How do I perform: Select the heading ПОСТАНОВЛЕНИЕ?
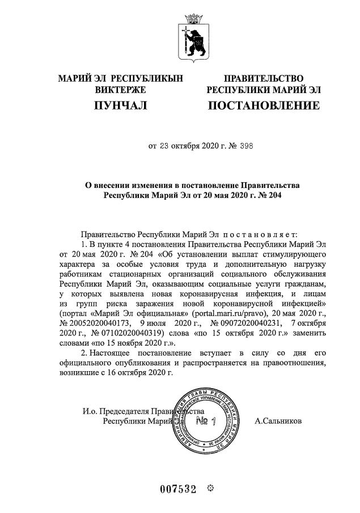pyautogui.click(x=264, y=105)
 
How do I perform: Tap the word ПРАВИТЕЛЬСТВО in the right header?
pyautogui.click(x=264, y=78)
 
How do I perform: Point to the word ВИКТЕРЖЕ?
pyautogui.click(x=120, y=90)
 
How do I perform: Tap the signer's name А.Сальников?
pyautogui.click(x=278, y=421)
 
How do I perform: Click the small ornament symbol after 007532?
pyautogui.click(x=210, y=489)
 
